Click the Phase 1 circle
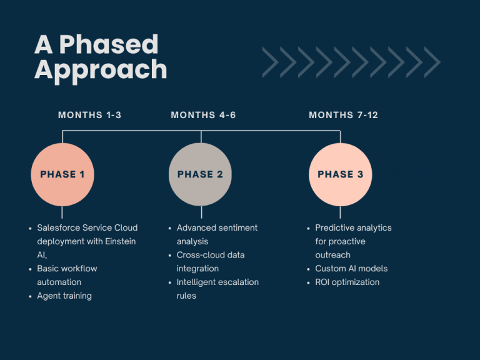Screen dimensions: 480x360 pyautogui.click(x=62, y=174)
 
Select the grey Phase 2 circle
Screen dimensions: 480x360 pyautogui.click(x=200, y=174)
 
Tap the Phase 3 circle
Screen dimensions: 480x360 pyautogui.click(x=341, y=174)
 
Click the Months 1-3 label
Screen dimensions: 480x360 pyautogui.click(x=90, y=115)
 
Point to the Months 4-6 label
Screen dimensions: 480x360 pyautogui.click(x=203, y=115)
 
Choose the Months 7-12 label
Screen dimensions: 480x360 pyautogui.click(x=344, y=115)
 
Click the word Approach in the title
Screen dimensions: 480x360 pyautogui.click(x=101, y=71)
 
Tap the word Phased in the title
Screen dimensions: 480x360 pyautogui.click(x=109, y=44)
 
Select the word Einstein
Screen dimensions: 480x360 pyautogui.click(x=120, y=241)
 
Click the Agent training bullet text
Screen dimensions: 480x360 pyautogui.click(x=64, y=296)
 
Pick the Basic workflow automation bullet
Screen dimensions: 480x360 pyautogui.click(x=67, y=275)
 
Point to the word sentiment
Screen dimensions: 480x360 pyautogui.click(x=237, y=227)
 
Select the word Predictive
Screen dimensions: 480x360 pyautogui.click(x=333, y=227)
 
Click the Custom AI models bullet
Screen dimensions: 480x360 pyautogui.click(x=351, y=269)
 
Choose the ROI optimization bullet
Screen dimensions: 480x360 pyautogui.click(x=347, y=282)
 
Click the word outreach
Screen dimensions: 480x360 pyautogui.click(x=332, y=255)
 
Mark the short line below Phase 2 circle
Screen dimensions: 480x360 pyautogui.click(x=201, y=212)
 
